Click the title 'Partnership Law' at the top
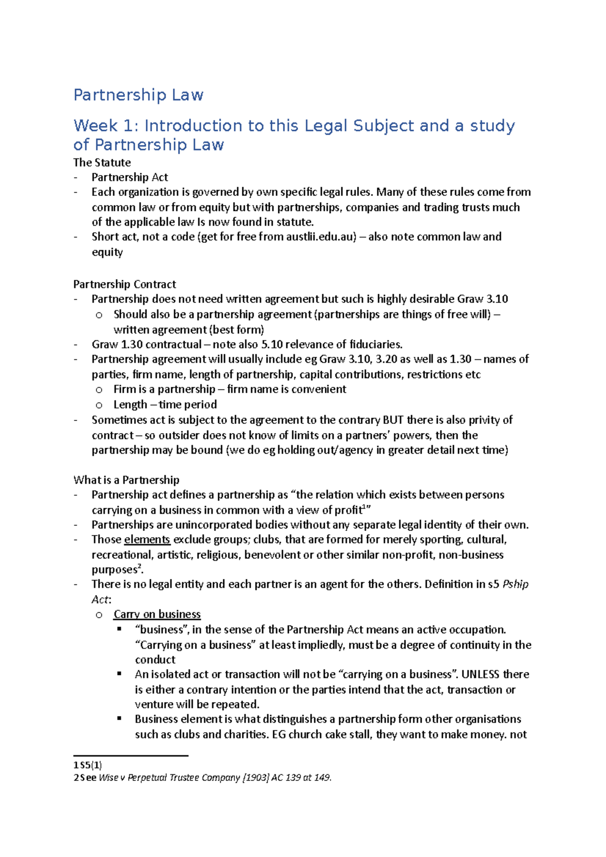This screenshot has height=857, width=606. tap(138, 95)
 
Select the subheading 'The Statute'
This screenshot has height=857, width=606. tap(102, 163)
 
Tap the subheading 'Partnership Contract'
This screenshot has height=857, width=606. tap(125, 284)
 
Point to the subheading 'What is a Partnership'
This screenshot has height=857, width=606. tap(126, 479)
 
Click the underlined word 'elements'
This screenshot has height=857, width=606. tap(147, 540)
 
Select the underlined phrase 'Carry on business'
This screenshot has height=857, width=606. tap(157, 614)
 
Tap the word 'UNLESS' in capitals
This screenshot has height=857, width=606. tap(480, 674)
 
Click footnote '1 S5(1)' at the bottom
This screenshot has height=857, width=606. tap(87, 765)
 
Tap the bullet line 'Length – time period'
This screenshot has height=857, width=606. tap(165, 405)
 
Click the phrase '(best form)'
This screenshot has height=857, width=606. tap(237, 330)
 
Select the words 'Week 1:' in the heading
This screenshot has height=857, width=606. tap(106, 126)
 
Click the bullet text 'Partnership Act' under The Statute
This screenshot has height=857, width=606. tap(130, 177)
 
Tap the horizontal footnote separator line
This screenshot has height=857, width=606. tap(131, 756)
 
